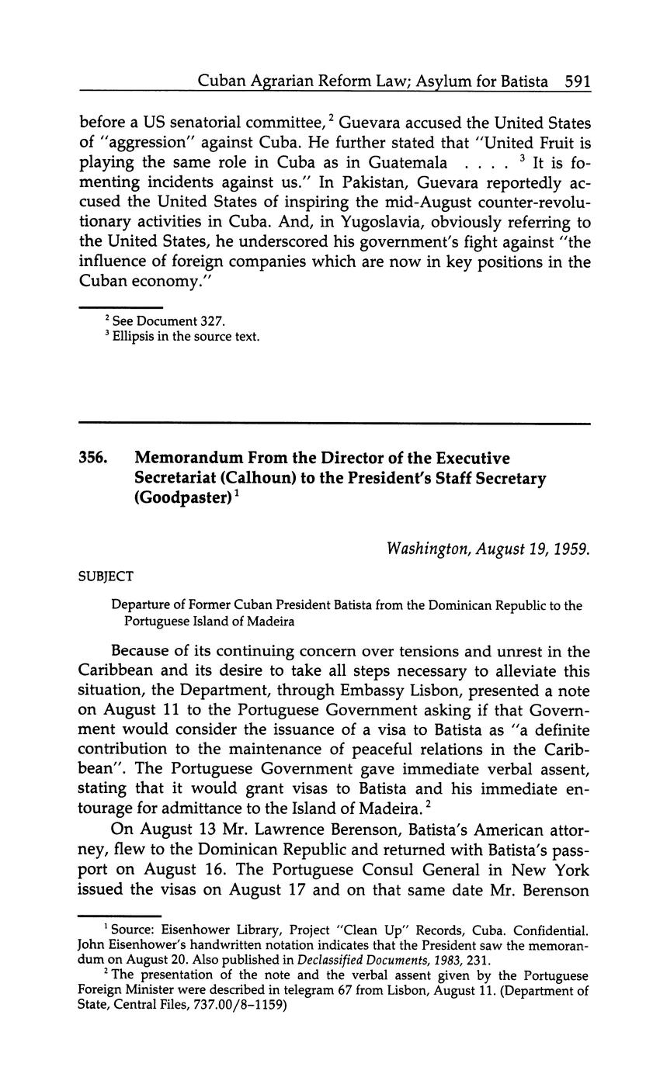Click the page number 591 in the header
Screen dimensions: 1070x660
(578, 81)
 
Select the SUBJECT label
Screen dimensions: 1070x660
(106, 577)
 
